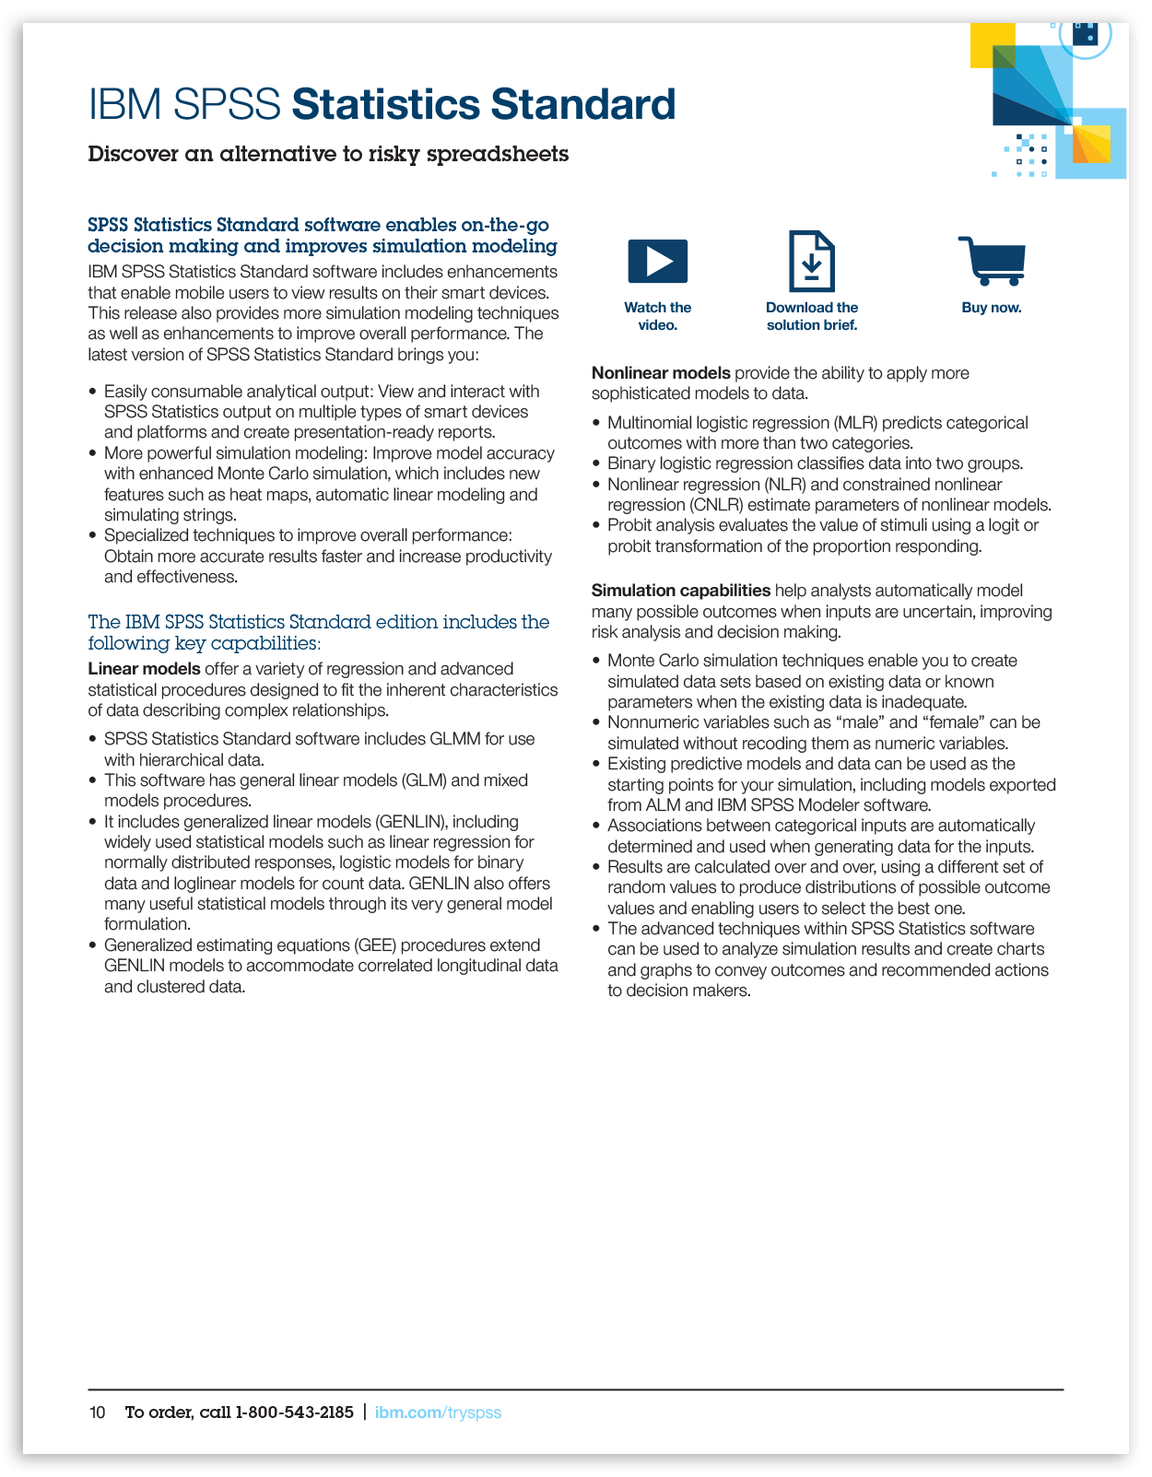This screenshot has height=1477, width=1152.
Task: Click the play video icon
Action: [x=657, y=261]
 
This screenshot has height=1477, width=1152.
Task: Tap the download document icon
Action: [x=811, y=261]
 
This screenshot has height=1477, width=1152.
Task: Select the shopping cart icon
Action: [x=992, y=261]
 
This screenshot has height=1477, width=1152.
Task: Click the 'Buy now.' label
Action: [x=992, y=308]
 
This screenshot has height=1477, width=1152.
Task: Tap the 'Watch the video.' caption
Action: [x=657, y=316]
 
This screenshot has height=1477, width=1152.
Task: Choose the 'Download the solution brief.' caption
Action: [x=811, y=316]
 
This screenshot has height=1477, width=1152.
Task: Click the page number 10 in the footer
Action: [x=97, y=1413]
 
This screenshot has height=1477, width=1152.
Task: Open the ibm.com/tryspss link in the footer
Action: [x=438, y=1413]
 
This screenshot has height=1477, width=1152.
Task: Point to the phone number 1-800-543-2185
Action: [x=294, y=1413]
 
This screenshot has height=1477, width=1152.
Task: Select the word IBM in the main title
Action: [x=124, y=104]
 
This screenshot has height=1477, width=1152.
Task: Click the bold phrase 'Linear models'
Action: [x=144, y=669]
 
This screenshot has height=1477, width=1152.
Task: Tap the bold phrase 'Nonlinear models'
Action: [x=661, y=373]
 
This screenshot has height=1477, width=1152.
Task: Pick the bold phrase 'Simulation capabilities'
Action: [x=680, y=591]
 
